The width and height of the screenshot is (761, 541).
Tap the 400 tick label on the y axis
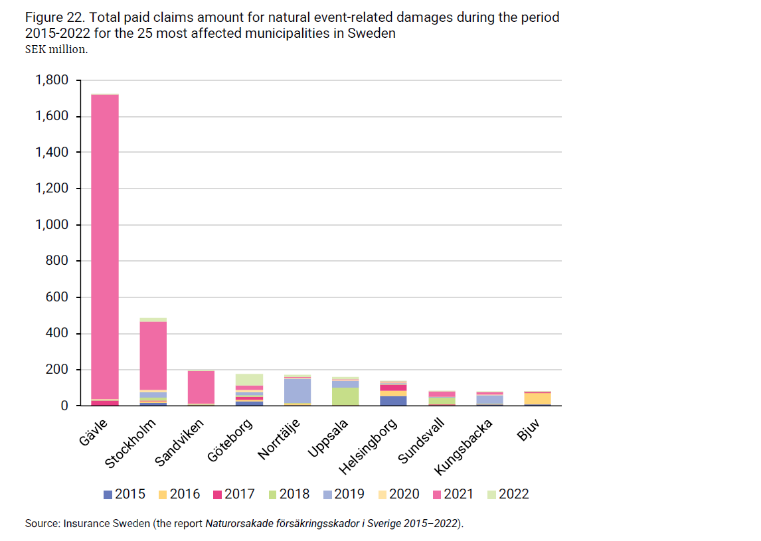56,333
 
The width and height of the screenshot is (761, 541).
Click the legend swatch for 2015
108,495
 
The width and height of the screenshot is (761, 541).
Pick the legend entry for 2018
288,495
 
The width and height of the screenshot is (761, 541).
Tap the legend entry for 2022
507,495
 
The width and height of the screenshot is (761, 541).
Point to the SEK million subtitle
56,48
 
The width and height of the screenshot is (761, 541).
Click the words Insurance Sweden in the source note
106,524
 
